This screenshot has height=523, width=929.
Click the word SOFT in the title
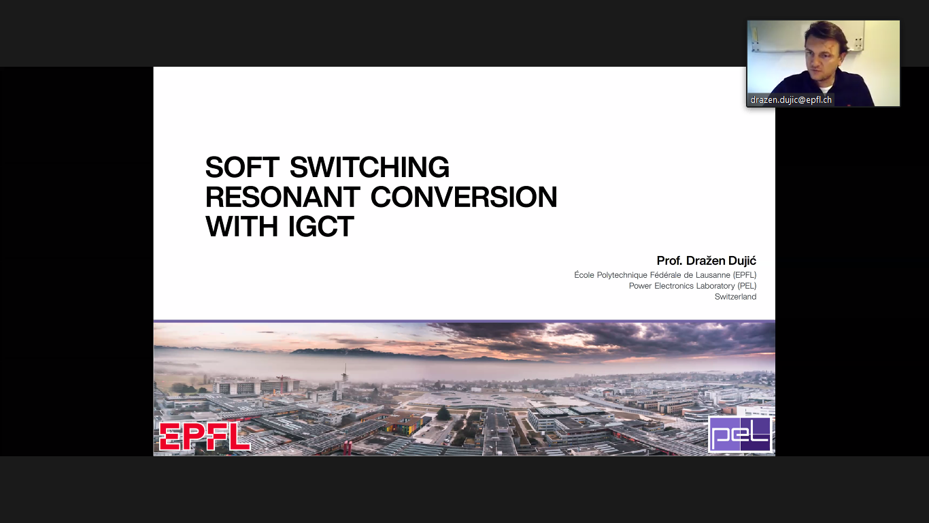click(242, 167)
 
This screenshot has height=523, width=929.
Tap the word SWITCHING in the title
click(369, 167)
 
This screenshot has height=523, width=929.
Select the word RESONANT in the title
click(282, 197)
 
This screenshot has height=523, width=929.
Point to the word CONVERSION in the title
click(464, 197)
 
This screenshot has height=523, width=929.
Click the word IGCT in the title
click(321, 226)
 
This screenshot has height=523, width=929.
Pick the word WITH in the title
click(241, 226)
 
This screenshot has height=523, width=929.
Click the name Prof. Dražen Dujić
click(707, 261)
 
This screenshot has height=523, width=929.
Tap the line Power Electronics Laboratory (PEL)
click(692, 286)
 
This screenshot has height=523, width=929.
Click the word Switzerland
click(735, 297)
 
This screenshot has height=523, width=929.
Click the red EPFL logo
click(205, 437)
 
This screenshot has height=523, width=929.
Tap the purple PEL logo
click(741, 434)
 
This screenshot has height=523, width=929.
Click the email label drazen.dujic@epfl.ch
click(791, 100)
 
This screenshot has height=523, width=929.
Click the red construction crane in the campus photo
click(282, 383)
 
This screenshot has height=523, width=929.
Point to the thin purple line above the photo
click(464, 321)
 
